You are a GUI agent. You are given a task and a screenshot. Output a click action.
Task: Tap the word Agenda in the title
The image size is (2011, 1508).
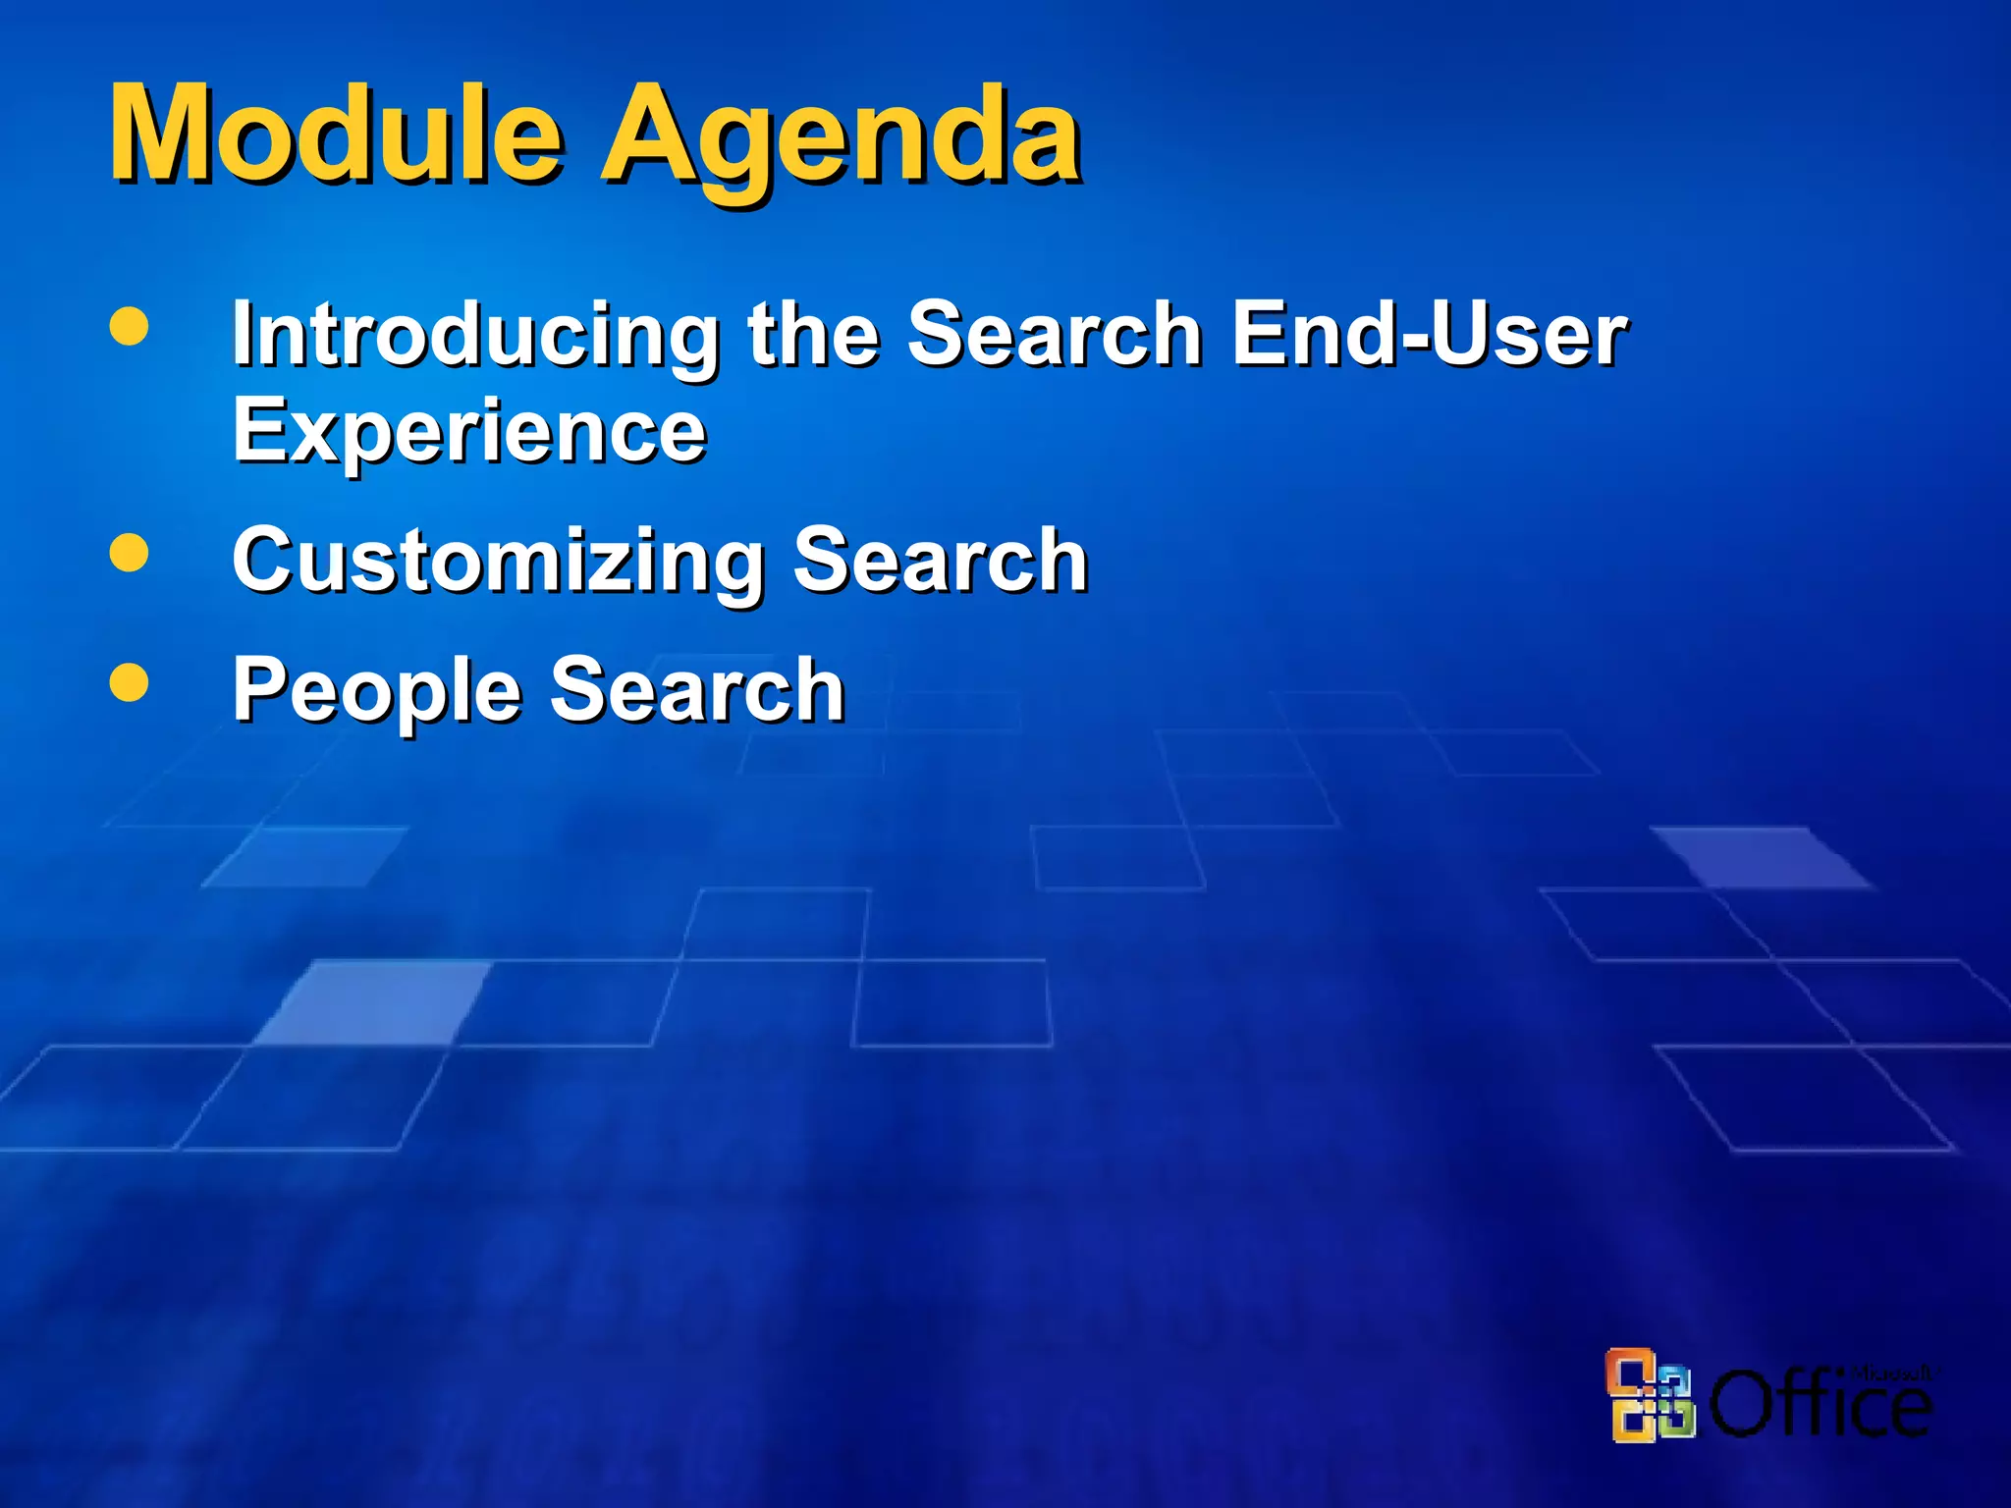tap(841, 137)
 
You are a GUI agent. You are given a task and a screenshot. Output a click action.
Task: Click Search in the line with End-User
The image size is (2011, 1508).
tap(1055, 334)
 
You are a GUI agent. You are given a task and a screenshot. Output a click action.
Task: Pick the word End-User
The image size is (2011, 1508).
tap(1430, 334)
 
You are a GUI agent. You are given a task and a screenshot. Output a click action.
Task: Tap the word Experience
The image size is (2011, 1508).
tap(469, 432)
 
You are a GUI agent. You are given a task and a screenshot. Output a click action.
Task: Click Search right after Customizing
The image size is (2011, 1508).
tap(941, 560)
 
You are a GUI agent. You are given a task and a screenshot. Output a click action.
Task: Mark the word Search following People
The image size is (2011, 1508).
tap(697, 689)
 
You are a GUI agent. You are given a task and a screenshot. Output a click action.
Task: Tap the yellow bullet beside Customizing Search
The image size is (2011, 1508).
tap(130, 552)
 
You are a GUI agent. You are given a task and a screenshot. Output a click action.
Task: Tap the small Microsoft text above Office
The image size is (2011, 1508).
tap(1889, 1373)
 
